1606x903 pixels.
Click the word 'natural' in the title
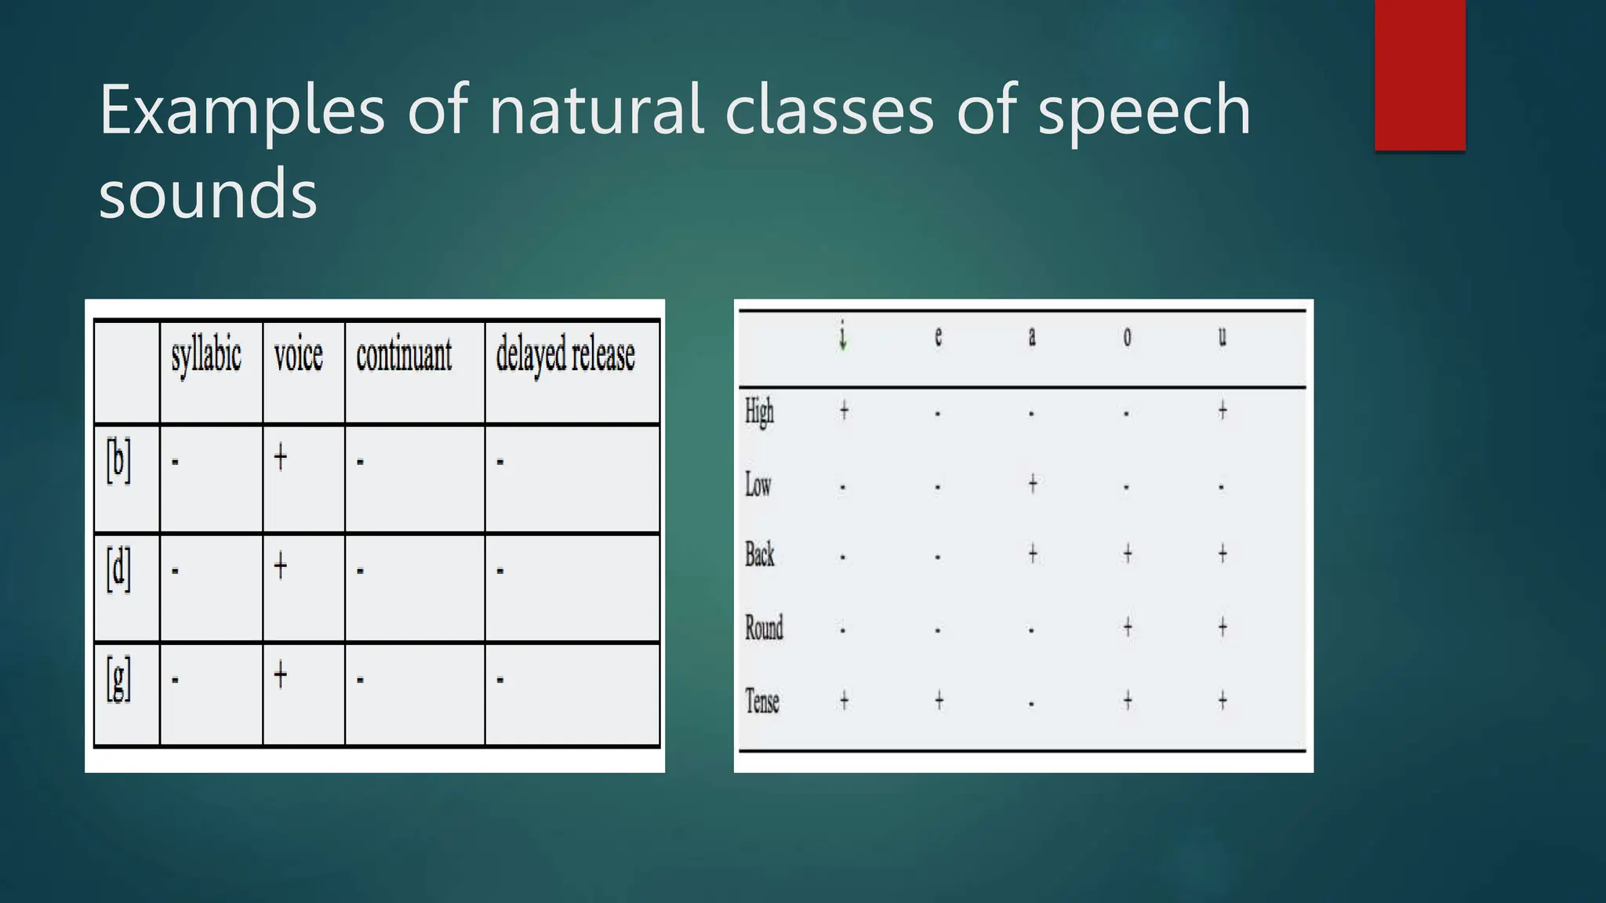pos(596,111)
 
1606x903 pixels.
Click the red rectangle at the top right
pos(1419,74)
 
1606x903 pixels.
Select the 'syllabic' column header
pos(206,356)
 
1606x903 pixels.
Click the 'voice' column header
pos(298,356)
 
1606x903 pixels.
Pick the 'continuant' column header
pos(404,356)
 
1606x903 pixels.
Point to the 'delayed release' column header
pos(565,356)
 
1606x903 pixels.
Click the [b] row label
pos(119,460)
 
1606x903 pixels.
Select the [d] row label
pos(119,569)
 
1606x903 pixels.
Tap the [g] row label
pos(119,679)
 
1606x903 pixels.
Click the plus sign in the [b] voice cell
pos(281,457)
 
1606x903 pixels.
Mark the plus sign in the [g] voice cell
pos(281,675)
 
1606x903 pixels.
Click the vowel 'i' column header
pos(843,337)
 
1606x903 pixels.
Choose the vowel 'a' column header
pos(1032,337)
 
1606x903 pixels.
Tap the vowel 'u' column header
pos(1222,337)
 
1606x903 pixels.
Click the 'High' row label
pos(759,411)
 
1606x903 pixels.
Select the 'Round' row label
pos(764,628)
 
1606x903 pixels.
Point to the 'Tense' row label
pos(761,701)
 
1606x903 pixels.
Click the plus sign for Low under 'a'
pos(1033,484)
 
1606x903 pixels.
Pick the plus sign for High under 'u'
pos(1223,410)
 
